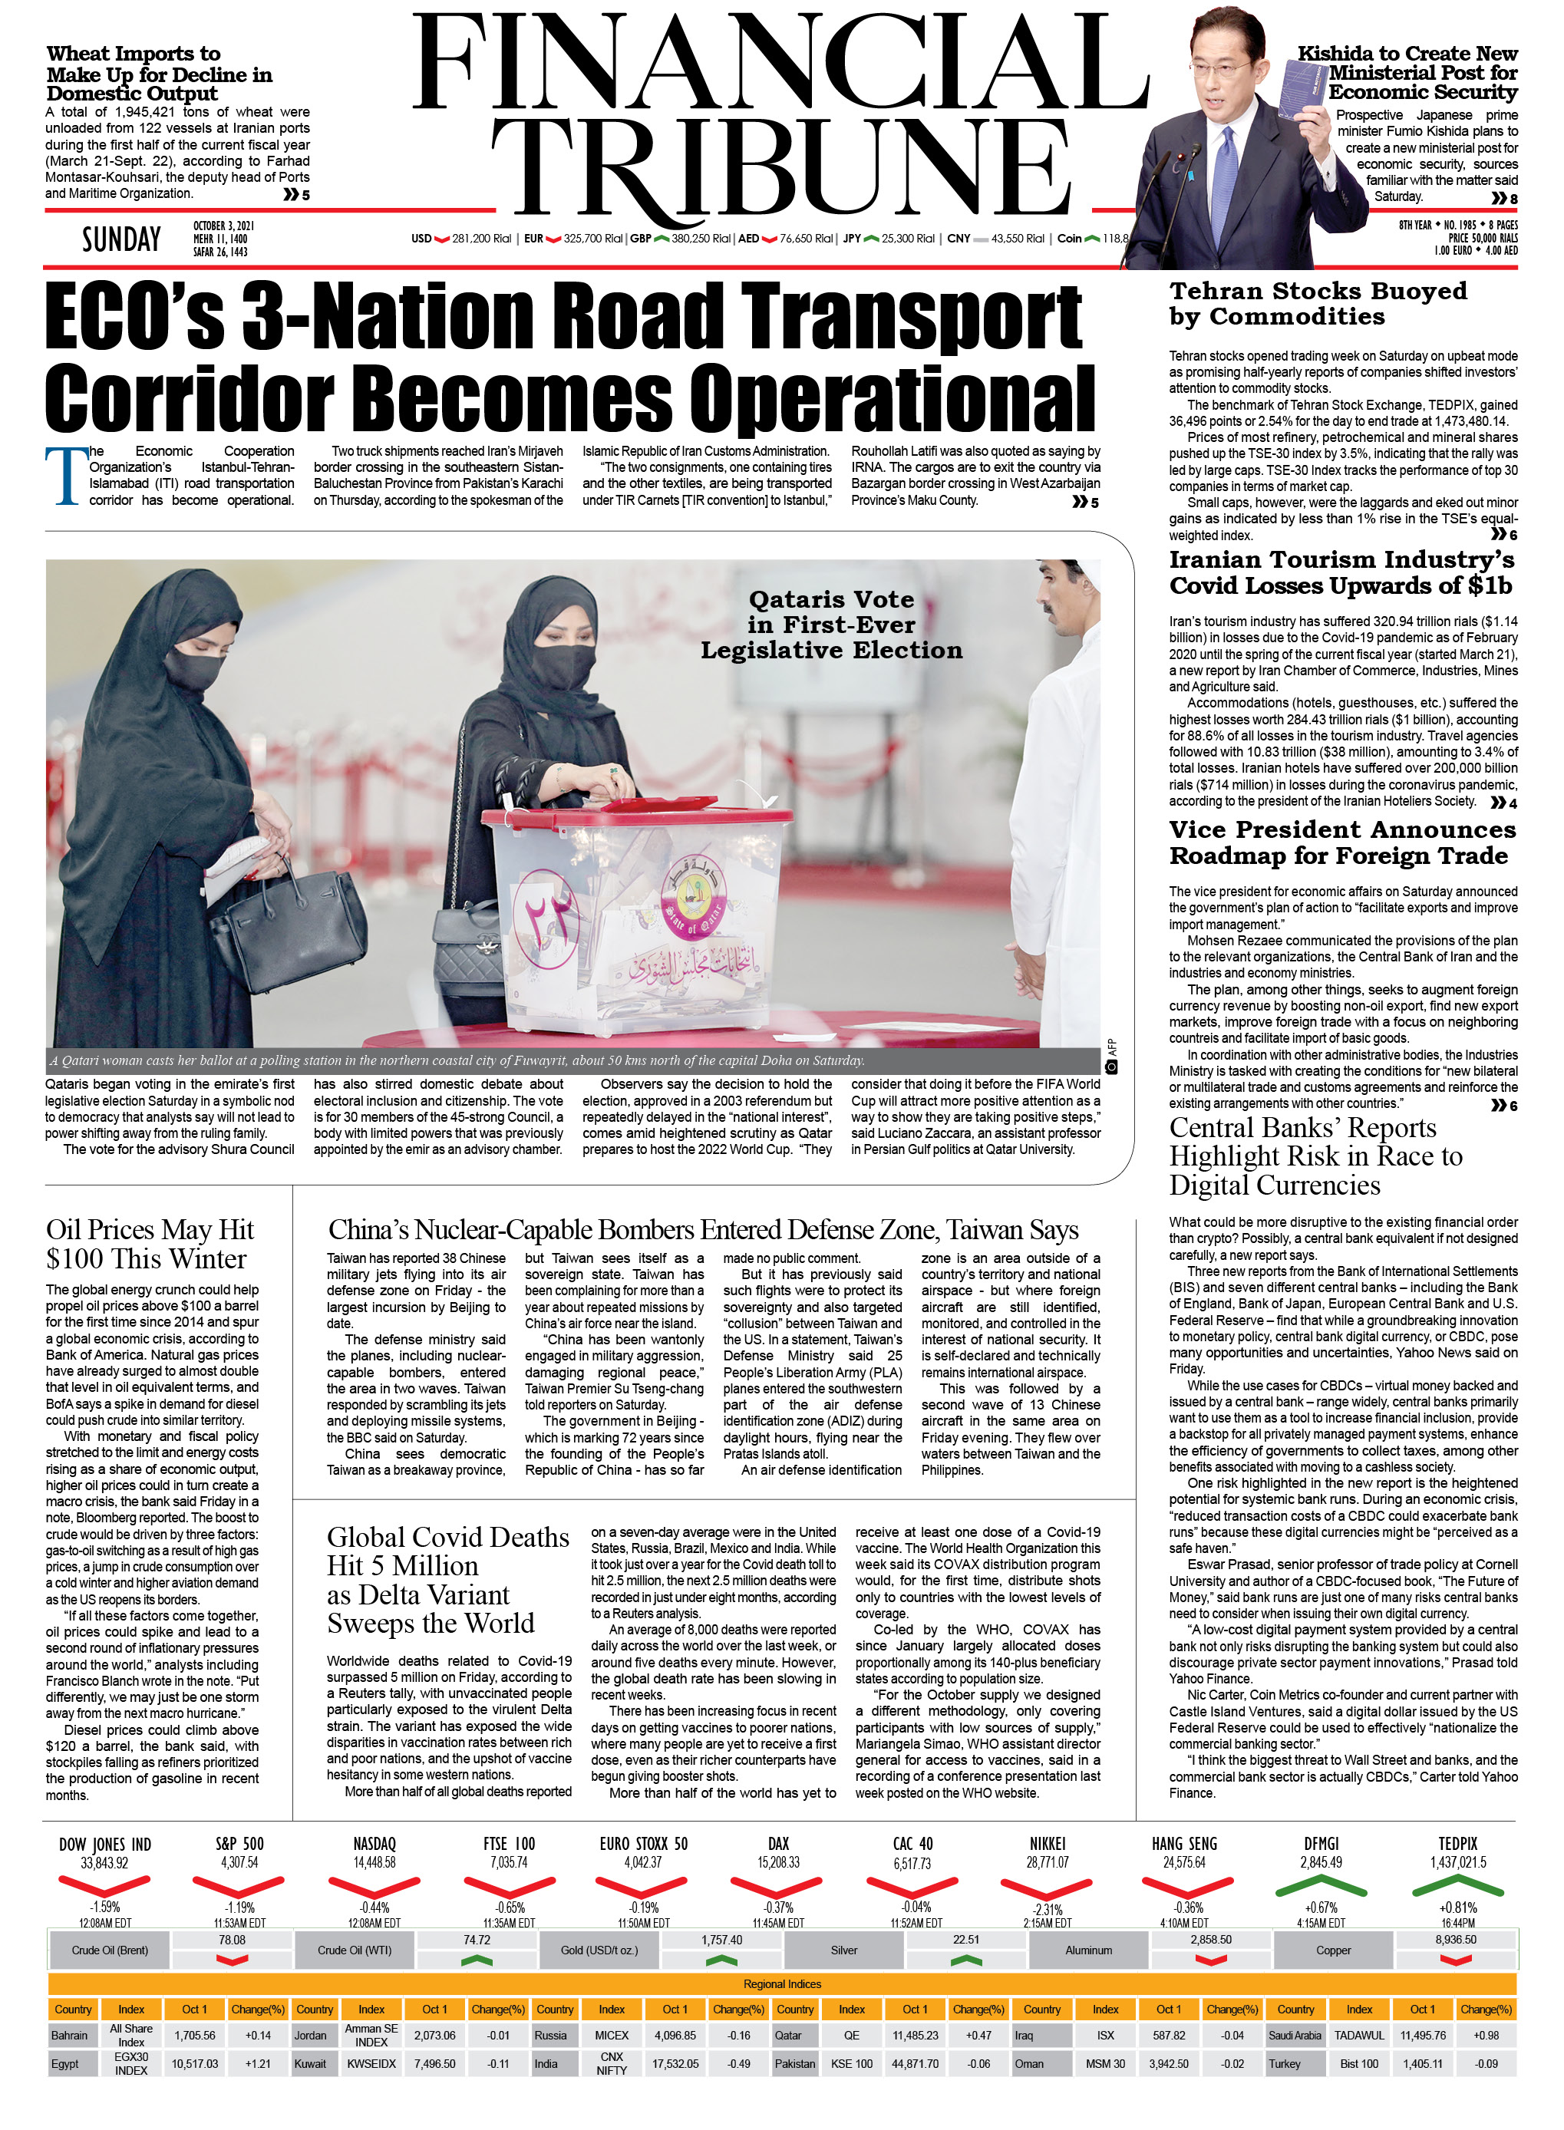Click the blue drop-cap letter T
pyautogui.click(x=64, y=476)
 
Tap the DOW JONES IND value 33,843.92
pyautogui.click(x=104, y=1863)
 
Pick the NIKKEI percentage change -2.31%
pyautogui.click(x=1047, y=1910)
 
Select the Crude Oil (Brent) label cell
pyautogui.click(x=110, y=1950)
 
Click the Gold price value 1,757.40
pyautogui.click(x=721, y=1940)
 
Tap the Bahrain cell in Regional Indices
pyautogui.click(x=70, y=2036)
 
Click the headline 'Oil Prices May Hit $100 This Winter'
pyautogui.click(x=150, y=1244)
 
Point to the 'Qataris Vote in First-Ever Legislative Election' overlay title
pyautogui.click(x=830, y=625)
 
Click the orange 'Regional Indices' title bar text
pyautogui.click(x=782, y=1984)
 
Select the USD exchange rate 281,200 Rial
pyautogui.click(x=481, y=239)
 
